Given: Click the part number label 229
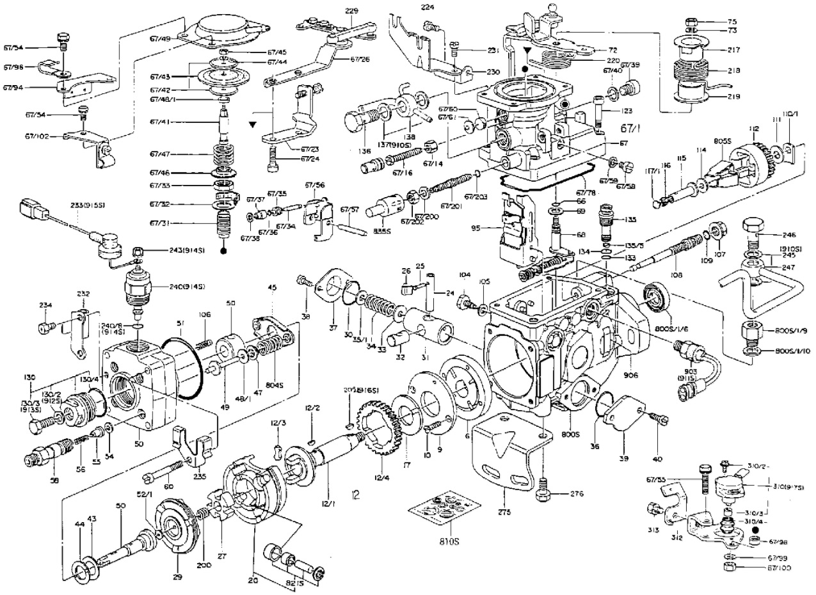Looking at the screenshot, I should click(x=351, y=11).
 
